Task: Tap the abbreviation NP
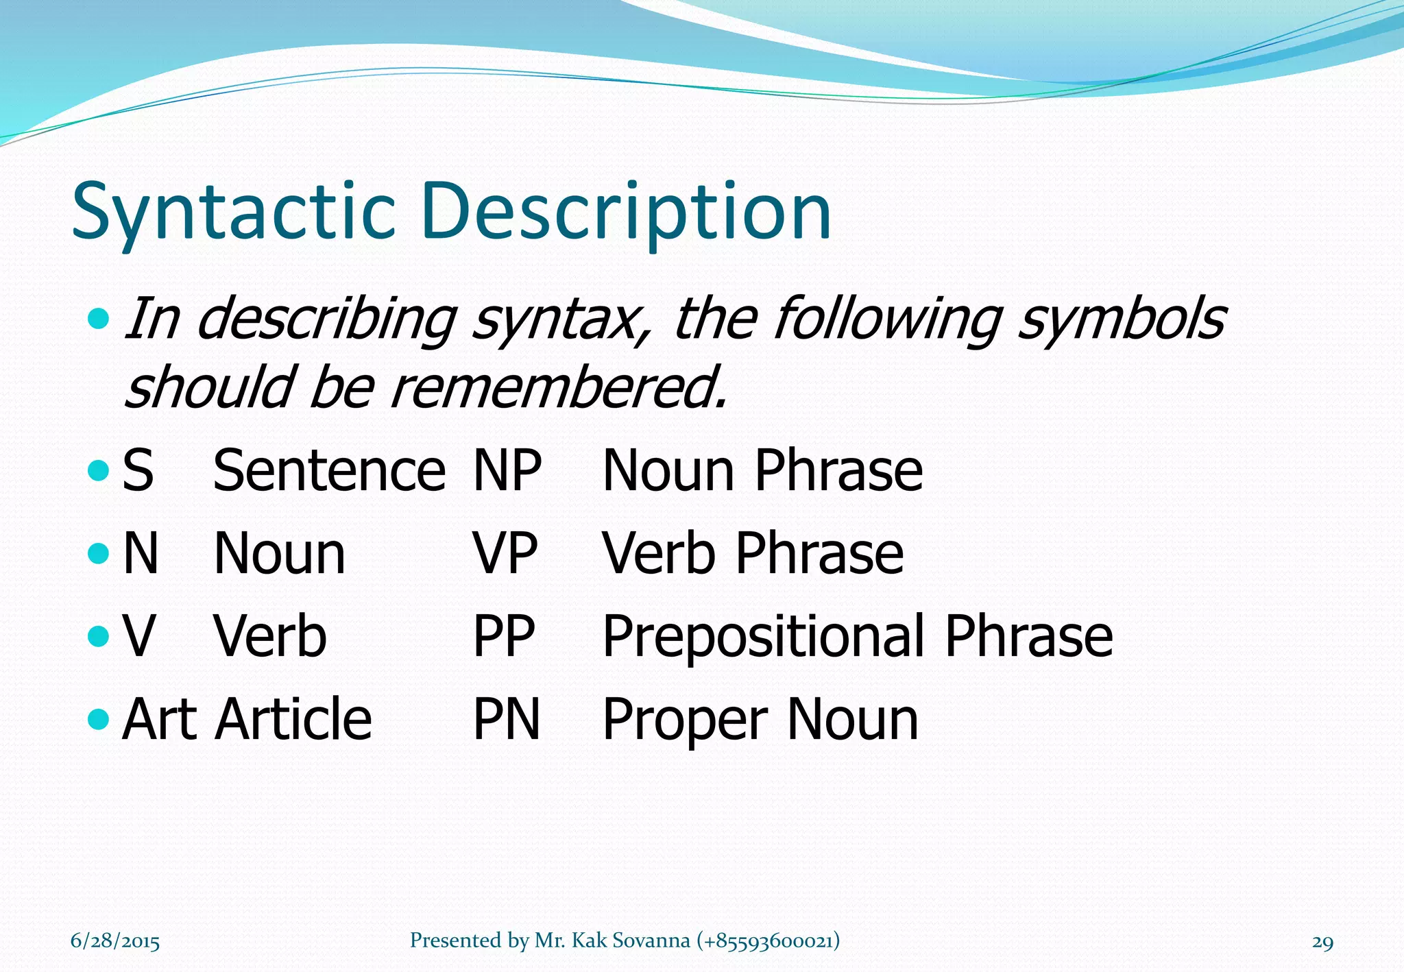tap(507, 471)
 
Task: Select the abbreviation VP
tap(505, 554)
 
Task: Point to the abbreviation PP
tap(504, 637)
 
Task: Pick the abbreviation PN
tap(507, 720)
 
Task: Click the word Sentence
tap(329, 471)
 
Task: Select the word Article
tap(293, 720)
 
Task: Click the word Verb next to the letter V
tap(270, 637)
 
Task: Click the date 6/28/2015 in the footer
tap(115, 940)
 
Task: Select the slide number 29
tap(1322, 942)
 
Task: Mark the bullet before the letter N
tap(99, 553)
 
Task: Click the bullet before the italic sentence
tap(99, 318)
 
